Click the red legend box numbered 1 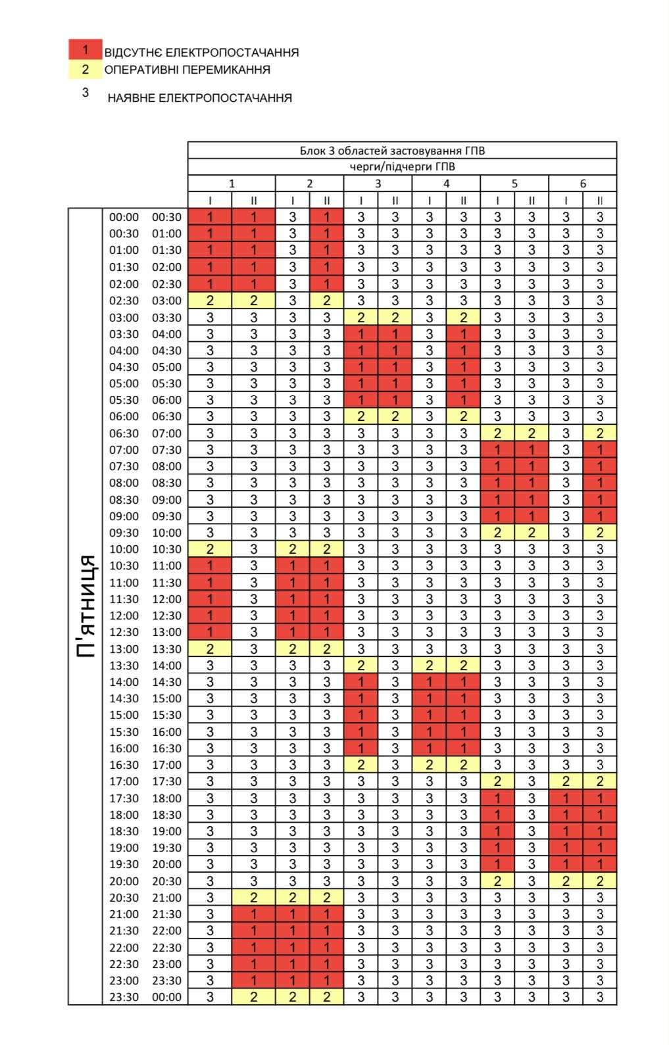(85, 50)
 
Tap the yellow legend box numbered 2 (85, 69)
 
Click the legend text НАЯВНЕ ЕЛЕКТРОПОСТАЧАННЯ (199, 98)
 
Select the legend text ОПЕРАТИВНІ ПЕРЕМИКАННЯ (187, 70)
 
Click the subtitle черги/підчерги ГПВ (402, 166)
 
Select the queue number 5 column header (514, 183)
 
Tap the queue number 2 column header (310, 183)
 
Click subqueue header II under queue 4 (463, 201)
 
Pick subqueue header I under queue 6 (566, 201)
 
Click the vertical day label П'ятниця (86, 606)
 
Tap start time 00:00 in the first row (124, 217)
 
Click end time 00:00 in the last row (167, 997)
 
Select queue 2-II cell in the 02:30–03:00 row (327, 301)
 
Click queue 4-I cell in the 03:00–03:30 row (429, 318)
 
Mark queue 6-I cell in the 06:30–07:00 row (566, 433)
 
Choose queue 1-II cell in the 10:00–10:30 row (253, 549)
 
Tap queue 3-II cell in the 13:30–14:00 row (395, 666)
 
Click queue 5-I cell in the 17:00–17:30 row (497, 781)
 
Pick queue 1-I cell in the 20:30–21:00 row (210, 898)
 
